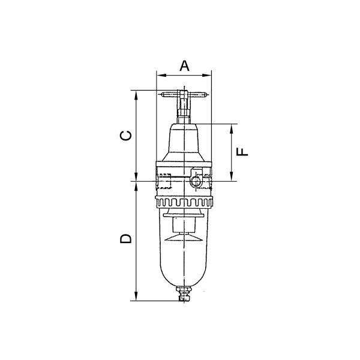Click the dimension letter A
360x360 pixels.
[184, 65]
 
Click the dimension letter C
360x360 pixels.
[126, 136]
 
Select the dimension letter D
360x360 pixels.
[126, 238]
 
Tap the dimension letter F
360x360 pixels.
[242, 152]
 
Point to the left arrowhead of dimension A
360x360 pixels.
[161, 75]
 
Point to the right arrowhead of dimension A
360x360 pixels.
[206, 75]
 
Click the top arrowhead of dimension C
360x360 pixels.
[136, 95]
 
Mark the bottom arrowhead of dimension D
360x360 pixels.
[136, 296]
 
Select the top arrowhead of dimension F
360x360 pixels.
[232, 128]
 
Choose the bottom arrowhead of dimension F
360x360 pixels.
[232, 176]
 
